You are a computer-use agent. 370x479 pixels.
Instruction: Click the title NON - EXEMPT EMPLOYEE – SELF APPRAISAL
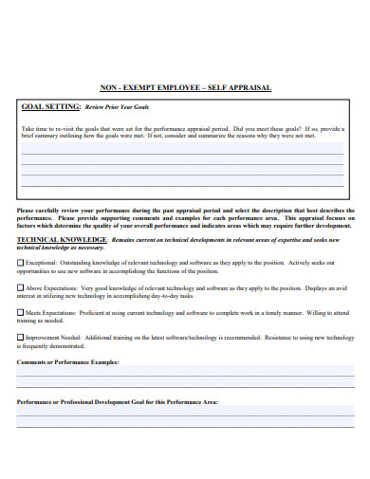tap(186, 87)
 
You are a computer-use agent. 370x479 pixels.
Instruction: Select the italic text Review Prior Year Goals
tap(118, 108)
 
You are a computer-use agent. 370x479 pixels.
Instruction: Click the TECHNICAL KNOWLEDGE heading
tap(60, 241)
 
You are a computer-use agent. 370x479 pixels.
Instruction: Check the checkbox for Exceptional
tap(21, 262)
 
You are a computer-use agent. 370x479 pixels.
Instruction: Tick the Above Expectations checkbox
tap(21, 286)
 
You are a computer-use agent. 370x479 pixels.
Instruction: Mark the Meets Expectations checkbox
tap(21, 311)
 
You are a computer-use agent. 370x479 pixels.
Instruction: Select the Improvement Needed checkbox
tap(21, 336)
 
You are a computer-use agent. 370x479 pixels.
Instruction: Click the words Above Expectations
tap(46, 286)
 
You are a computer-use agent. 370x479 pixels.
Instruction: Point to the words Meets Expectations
tap(46, 311)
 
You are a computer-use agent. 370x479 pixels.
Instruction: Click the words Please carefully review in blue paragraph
tap(47, 211)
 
